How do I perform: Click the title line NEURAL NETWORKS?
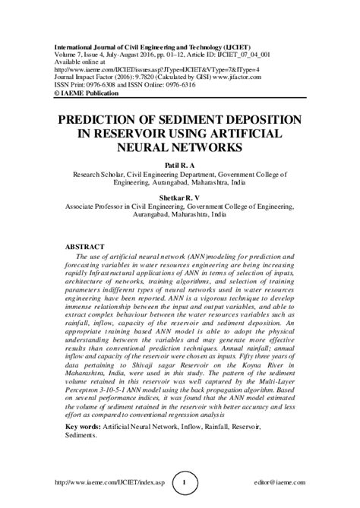click(x=179, y=148)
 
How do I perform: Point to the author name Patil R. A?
click(x=180, y=164)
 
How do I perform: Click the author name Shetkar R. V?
click(x=180, y=197)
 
